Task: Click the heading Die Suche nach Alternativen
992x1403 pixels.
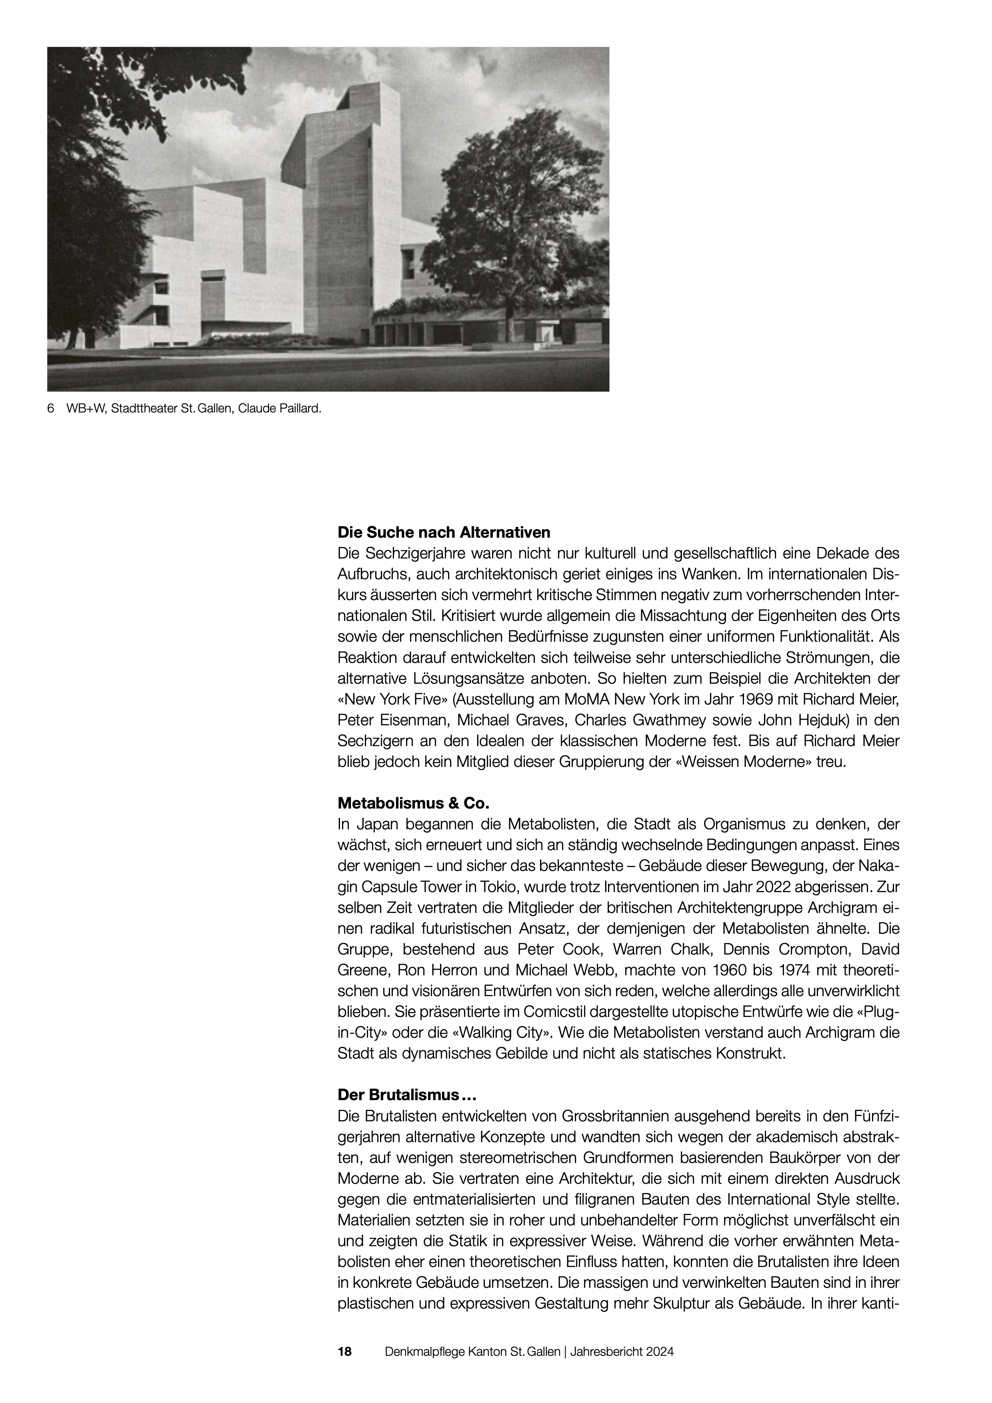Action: (x=444, y=532)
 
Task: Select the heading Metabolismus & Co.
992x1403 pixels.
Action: (x=414, y=801)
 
